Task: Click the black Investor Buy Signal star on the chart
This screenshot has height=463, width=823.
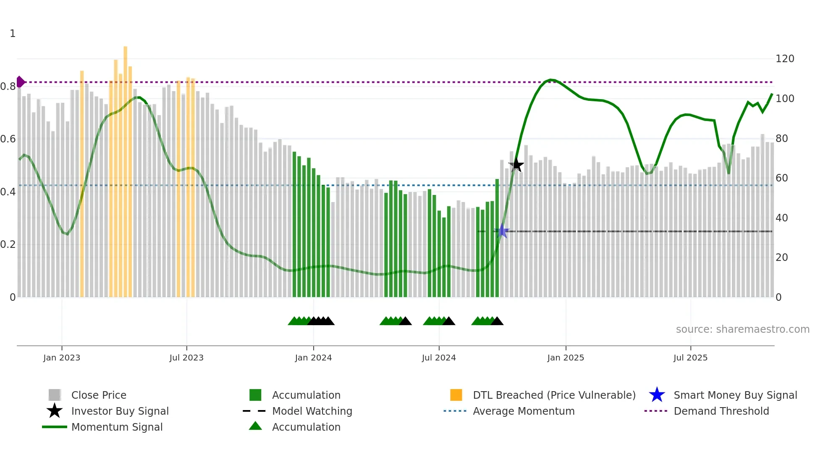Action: pyautogui.click(x=516, y=165)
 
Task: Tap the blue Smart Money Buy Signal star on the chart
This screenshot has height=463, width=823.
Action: pyautogui.click(x=502, y=231)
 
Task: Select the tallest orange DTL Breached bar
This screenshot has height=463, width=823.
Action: pyautogui.click(x=125, y=168)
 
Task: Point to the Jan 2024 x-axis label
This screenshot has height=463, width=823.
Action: pyautogui.click(x=313, y=358)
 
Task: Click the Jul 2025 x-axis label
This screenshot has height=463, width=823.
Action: pyautogui.click(x=690, y=358)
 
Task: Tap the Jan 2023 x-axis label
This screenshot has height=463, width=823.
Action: pyautogui.click(x=62, y=358)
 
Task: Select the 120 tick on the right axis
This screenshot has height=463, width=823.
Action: pyautogui.click(x=784, y=59)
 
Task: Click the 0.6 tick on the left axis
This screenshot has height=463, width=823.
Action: pyautogui.click(x=8, y=139)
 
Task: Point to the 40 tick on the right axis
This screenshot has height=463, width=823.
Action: pyautogui.click(x=781, y=218)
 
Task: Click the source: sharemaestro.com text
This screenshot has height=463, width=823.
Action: pyautogui.click(x=742, y=329)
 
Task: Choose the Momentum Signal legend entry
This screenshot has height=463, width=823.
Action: pyautogui.click(x=117, y=427)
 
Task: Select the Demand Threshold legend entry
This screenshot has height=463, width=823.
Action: pyautogui.click(x=721, y=411)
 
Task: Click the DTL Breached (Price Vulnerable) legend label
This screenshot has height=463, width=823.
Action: pyautogui.click(x=554, y=395)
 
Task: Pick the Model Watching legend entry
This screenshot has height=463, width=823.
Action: pyautogui.click(x=312, y=411)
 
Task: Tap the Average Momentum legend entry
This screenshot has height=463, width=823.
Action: pyautogui.click(x=523, y=411)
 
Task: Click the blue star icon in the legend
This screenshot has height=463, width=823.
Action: pyautogui.click(x=657, y=395)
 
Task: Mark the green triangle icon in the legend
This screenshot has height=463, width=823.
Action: pyautogui.click(x=255, y=426)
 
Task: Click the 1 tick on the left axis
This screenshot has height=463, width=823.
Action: pyautogui.click(x=13, y=34)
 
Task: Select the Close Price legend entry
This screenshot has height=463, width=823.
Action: pyautogui.click(x=98, y=395)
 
